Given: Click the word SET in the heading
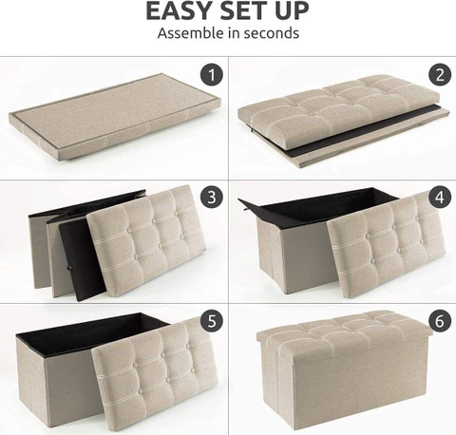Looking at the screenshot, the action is pyautogui.click(x=244, y=11).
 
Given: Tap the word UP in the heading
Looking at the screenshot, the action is pyautogui.click(x=292, y=11).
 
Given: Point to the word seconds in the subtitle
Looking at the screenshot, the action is pyautogui.click(x=272, y=33).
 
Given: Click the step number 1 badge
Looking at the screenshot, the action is pyautogui.click(x=212, y=75).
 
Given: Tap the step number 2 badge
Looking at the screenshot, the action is pyautogui.click(x=440, y=75).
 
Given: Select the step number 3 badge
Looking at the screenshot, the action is pyautogui.click(x=212, y=197).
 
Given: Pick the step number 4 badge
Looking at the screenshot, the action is pyautogui.click(x=440, y=197).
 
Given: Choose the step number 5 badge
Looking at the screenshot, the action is pyautogui.click(x=212, y=321).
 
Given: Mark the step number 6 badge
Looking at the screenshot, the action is pyautogui.click(x=440, y=321).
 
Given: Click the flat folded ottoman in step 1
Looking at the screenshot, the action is pyautogui.click(x=114, y=117).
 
